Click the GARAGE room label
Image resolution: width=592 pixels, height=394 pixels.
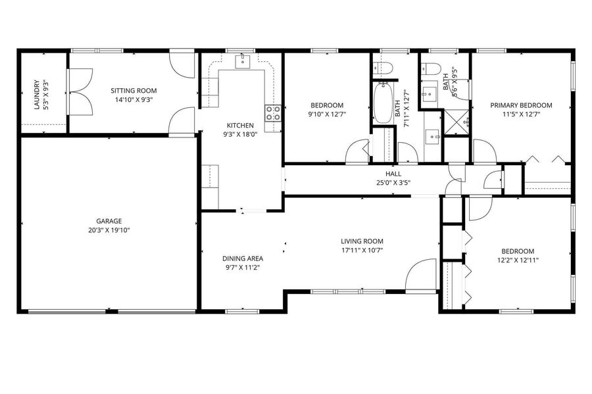click(x=109, y=221)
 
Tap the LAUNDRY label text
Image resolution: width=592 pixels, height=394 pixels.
click(x=37, y=94)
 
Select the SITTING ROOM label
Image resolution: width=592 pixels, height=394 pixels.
click(x=134, y=91)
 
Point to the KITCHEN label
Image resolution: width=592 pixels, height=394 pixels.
click(x=240, y=125)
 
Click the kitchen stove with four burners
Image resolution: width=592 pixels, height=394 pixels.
click(x=273, y=113)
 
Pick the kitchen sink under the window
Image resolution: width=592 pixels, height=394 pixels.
click(x=243, y=61)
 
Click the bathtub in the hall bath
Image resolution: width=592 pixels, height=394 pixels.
click(x=383, y=103)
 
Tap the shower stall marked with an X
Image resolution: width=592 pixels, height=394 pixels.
click(x=456, y=122)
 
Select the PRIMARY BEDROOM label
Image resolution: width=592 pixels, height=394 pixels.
click(x=521, y=105)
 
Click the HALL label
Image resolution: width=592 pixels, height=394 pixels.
click(x=393, y=174)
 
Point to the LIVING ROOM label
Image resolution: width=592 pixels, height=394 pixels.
click(x=362, y=241)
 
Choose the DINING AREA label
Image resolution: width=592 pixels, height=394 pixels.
click(x=243, y=259)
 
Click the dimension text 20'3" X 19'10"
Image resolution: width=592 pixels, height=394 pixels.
click(x=109, y=230)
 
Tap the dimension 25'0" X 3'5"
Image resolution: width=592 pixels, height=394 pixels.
click(x=393, y=183)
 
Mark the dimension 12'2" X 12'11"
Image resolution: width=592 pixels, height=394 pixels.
click(x=518, y=260)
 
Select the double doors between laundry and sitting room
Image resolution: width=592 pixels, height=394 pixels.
click(x=80, y=91)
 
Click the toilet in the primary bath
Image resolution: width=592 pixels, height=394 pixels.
click(x=432, y=68)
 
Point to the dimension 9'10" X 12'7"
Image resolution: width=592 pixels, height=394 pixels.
click(x=327, y=114)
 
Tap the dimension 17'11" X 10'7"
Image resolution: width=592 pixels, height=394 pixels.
click(x=362, y=250)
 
